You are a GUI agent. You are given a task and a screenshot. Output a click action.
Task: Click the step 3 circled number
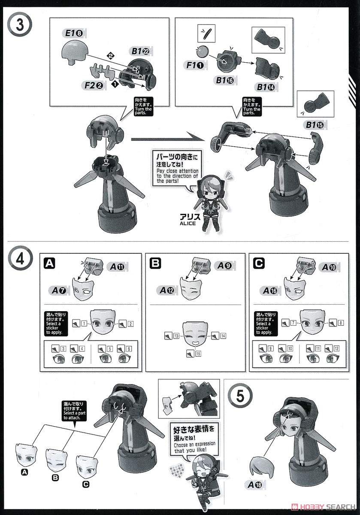click(20, 24)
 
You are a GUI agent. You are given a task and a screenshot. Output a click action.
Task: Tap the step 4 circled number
click(20, 259)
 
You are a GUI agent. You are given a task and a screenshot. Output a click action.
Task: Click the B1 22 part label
click(140, 51)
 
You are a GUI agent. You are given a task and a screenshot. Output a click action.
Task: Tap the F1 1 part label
click(195, 65)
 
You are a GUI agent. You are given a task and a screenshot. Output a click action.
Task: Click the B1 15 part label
click(315, 125)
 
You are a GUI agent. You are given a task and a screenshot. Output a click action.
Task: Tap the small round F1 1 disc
click(202, 52)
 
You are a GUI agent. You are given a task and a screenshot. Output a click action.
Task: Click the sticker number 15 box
click(198, 353)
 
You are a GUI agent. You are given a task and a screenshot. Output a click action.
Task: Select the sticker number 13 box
click(176, 336)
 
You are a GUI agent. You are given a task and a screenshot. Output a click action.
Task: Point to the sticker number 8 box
click(341, 323)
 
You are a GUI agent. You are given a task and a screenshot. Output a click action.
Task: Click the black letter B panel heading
click(155, 263)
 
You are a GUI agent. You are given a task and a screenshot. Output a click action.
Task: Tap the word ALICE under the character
click(188, 223)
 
